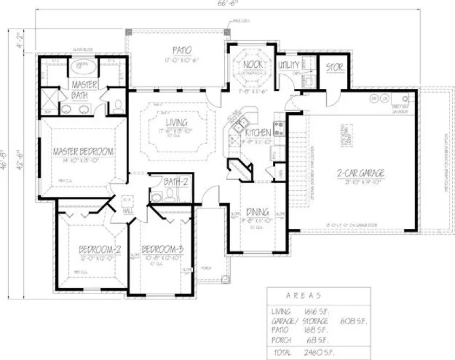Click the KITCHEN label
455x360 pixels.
pyautogui.click(x=258, y=133)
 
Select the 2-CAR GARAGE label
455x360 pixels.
pyautogui.click(x=360, y=173)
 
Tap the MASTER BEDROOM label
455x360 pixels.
pyautogui.click(x=83, y=151)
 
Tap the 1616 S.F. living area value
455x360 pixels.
pyautogui.click(x=317, y=312)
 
